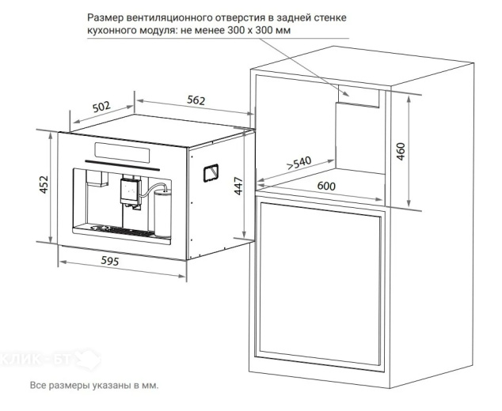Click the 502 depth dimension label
point(101,107)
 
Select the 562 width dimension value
point(196,100)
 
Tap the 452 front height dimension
point(44,184)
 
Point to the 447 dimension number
point(238,186)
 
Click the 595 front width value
point(110,261)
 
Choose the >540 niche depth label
point(299,163)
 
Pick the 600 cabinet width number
point(326,186)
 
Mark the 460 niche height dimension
point(401,152)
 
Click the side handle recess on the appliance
point(211,173)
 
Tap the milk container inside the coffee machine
point(162,212)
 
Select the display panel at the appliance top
point(122,152)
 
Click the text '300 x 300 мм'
point(260,30)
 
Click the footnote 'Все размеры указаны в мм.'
point(94,385)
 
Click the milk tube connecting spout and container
point(152,188)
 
